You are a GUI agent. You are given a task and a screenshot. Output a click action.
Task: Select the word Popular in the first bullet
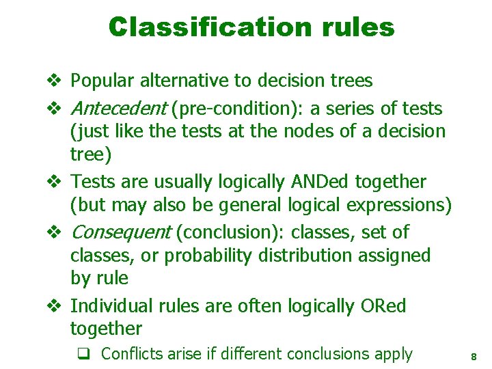click(x=103, y=81)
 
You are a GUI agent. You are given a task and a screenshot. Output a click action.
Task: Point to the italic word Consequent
click(x=121, y=232)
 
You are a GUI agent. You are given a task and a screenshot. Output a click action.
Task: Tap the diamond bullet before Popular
click(x=56, y=81)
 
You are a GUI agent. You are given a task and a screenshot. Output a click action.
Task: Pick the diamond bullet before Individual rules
click(x=56, y=306)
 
